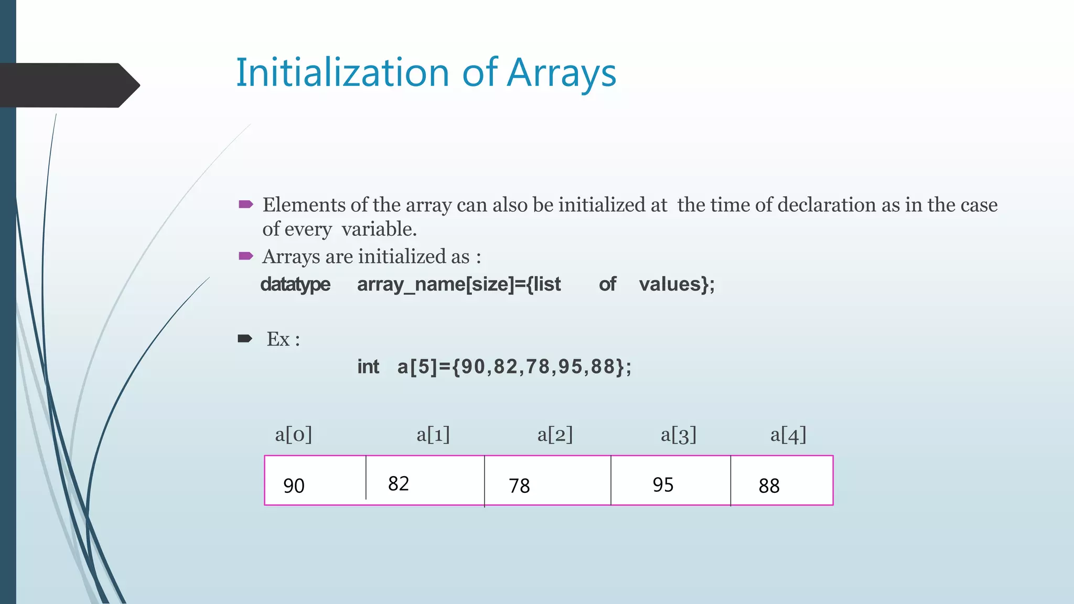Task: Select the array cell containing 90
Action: coord(315,480)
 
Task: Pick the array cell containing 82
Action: coord(425,480)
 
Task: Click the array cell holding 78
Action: coord(547,480)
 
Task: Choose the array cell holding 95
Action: coord(670,480)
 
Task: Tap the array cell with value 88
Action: coord(781,480)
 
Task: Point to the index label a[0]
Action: coord(294,435)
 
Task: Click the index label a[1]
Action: coord(433,435)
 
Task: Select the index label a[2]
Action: coord(555,435)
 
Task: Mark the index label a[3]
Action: coord(679,435)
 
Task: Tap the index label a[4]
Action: coord(788,435)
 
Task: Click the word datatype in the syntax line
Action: coord(295,285)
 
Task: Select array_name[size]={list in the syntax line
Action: coord(459,285)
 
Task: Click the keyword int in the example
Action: coord(368,367)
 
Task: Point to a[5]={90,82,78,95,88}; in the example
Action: coord(514,367)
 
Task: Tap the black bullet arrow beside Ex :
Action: coord(245,339)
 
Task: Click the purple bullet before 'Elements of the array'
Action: coord(246,204)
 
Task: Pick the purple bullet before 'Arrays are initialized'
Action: coord(246,256)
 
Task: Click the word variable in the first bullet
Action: coord(379,229)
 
